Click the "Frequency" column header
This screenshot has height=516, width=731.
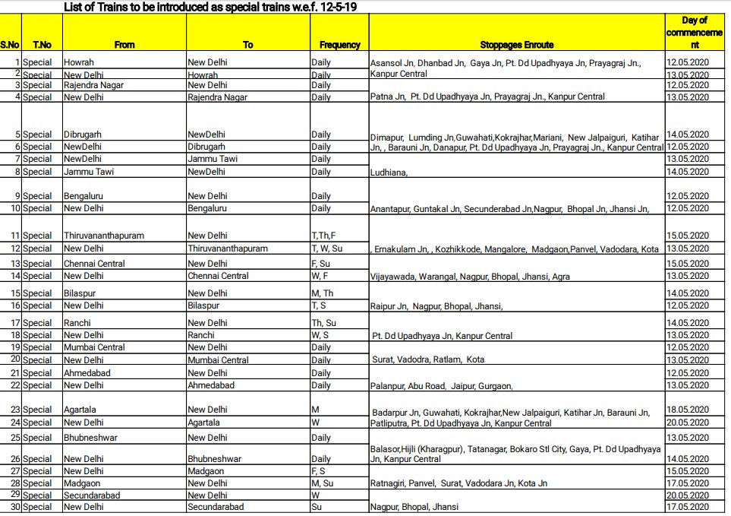tap(339, 45)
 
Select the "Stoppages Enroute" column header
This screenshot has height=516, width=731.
tap(517, 45)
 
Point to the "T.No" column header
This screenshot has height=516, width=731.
tap(41, 45)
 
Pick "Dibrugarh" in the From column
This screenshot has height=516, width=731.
tap(83, 135)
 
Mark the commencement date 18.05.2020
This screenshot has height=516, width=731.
tap(687, 410)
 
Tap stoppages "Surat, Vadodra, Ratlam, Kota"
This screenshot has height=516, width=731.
tap(428, 359)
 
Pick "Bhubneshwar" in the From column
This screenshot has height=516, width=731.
tap(89, 438)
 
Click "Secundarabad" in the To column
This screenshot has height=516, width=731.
tap(216, 507)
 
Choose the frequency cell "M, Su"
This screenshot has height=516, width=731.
tap(322, 483)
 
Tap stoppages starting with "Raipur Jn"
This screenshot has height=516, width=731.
tap(436, 306)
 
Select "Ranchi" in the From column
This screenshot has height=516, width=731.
tap(77, 323)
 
